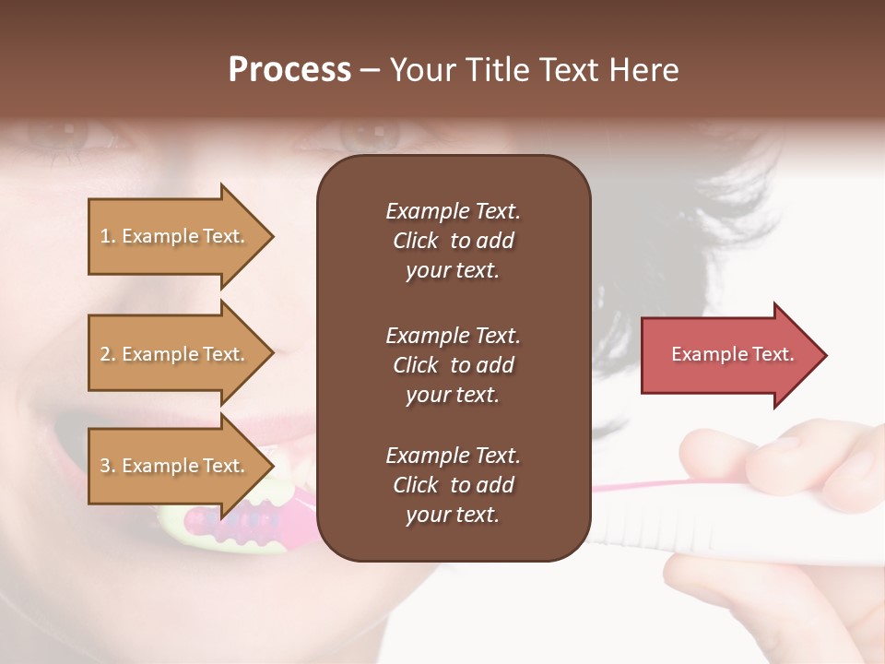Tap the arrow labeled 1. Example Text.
pyautogui.click(x=175, y=236)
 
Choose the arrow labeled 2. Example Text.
pyautogui.click(x=175, y=354)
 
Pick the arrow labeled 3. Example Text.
pyautogui.click(x=175, y=466)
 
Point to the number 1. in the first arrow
pyautogui.click(x=108, y=236)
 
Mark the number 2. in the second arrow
pyautogui.click(x=108, y=354)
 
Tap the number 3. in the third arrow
pyautogui.click(x=108, y=466)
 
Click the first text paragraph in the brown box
pyautogui.click(x=453, y=241)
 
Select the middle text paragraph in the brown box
pyautogui.click(x=453, y=365)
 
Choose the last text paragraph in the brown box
pyautogui.click(x=453, y=485)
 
